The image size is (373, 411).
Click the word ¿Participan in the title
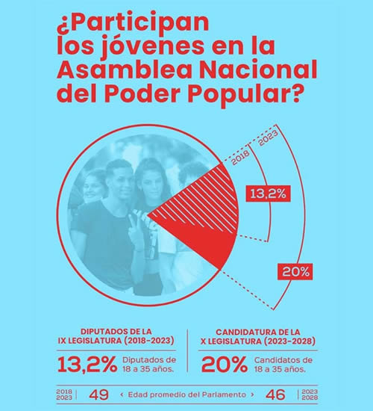[x=133, y=22]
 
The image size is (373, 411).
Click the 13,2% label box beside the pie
[x=269, y=194]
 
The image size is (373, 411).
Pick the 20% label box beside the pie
[x=295, y=272]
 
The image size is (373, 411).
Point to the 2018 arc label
[x=240, y=158]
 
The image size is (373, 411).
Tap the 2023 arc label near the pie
[x=268, y=138]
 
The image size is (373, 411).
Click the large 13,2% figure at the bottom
[x=87, y=365]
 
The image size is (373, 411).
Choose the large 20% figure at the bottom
[x=224, y=365]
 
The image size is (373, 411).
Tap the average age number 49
[x=98, y=395]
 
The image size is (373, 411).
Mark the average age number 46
[x=275, y=395]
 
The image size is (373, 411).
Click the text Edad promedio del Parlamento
[x=187, y=395]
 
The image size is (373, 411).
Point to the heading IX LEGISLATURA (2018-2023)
[x=116, y=341]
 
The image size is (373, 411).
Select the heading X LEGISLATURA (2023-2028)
[x=258, y=342]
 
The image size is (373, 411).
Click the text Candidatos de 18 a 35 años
[x=283, y=365]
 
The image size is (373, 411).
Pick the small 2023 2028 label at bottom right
[x=310, y=395]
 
